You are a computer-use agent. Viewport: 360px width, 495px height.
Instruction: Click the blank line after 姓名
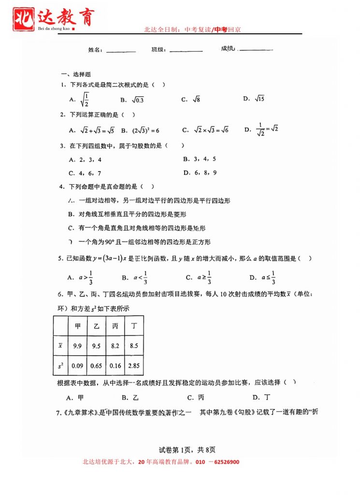click(x=121, y=51)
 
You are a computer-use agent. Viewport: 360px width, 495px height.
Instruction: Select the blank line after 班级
click(x=186, y=50)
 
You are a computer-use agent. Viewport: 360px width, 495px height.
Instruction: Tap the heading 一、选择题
click(x=75, y=74)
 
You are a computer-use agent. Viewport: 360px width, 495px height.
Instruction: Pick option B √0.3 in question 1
click(x=132, y=100)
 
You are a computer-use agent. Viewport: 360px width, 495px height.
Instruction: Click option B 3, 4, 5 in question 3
click(x=200, y=159)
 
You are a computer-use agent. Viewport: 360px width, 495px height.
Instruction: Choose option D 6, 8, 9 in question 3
click(x=200, y=173)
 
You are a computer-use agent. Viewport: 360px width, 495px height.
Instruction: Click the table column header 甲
click(x=77, y=326)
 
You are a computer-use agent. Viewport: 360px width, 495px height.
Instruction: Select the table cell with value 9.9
click(x=77, y=346)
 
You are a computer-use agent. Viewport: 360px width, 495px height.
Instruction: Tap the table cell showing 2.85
click(x=134, y=366)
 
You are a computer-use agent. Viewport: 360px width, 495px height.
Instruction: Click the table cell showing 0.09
click(x=77, y=366)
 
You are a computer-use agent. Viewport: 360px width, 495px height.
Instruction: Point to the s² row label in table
click(x=60, y=366)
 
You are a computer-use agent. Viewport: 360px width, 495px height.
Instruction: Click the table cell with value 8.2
click(x=115, y=346)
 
